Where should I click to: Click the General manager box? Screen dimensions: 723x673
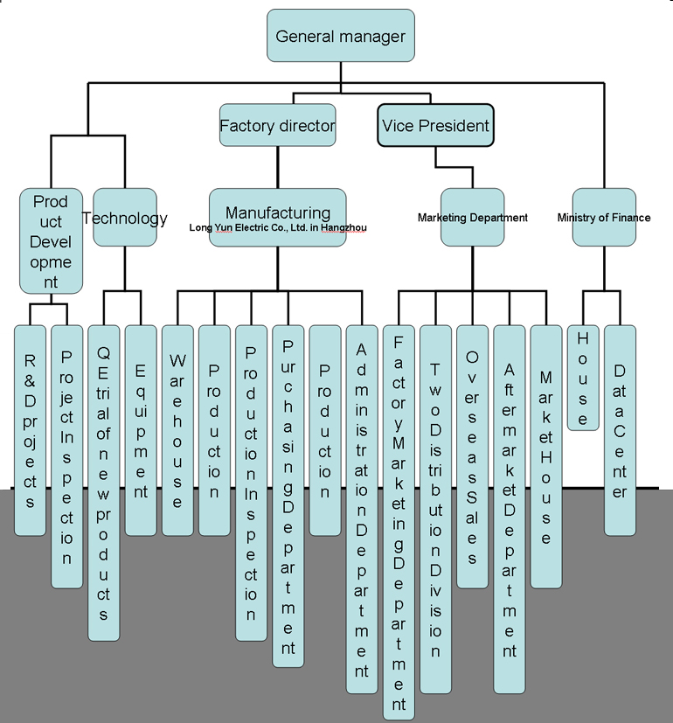point(340,36)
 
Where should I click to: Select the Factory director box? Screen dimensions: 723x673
point(277,126)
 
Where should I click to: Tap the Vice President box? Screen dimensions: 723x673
point(435,126)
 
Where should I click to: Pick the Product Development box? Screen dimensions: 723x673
point(51,240)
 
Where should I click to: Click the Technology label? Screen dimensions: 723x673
point(125,218)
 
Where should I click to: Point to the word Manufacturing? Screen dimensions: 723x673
point(278,212)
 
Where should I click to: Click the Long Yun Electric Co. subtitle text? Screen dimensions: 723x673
point(278,228)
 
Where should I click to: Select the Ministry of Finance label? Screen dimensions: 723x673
point(604,218)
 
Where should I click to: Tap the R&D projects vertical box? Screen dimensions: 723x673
point(30,429)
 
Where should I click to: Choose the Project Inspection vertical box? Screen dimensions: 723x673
point(66,455)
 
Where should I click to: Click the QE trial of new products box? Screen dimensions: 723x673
point(103,482)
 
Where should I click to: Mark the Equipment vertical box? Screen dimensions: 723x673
point(140,429)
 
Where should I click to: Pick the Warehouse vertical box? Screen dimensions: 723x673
point(177,429)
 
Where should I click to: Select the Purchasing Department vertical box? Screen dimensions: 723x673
point(288,495)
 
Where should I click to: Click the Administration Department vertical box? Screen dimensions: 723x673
point(362,508)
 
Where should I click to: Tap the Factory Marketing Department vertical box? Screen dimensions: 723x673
point(399,521)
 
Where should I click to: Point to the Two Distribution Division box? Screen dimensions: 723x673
point(435,508)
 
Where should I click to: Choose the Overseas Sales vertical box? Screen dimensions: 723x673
point(472,455)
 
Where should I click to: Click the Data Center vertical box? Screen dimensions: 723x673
point(620,429)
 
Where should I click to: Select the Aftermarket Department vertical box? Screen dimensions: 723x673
point(510,508)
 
